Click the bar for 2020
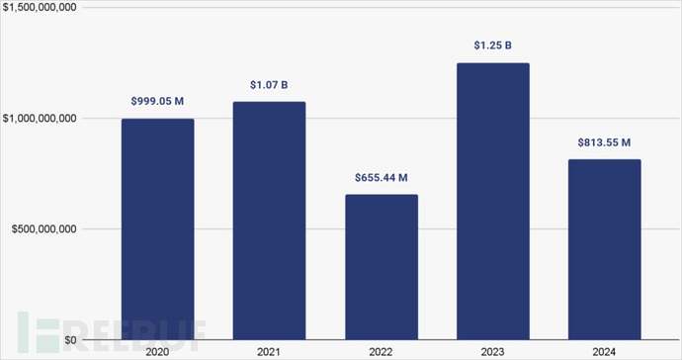pyautogui.click(x=157, y=229)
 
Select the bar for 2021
pyautogui.click(x=269, y=221)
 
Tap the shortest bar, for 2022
pyautogui.click(x=381, y=267)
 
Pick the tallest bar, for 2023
pyautogui.click(x=492, y=202)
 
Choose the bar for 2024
pyautogui.click(x=604, y=249)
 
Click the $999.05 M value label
pyautogui.click(x=157, y=102)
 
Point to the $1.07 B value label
pyautogui.click(x=269, y=85)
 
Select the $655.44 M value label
pyautogui.click(x=381, y=178)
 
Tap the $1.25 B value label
pyautogui.click(x=492, y=45)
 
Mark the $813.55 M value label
pyautogui.click(x=604, y=142)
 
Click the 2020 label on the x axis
pyautogui.click(x=157, y=351)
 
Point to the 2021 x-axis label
pyautogui.click(x=269, y=351)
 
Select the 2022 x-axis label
pyautogui.click(x=381, y=351)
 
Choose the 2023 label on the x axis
pyautogui.click(x=492, y=351)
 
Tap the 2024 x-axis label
pyautogui.click(x=604, y=351)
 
